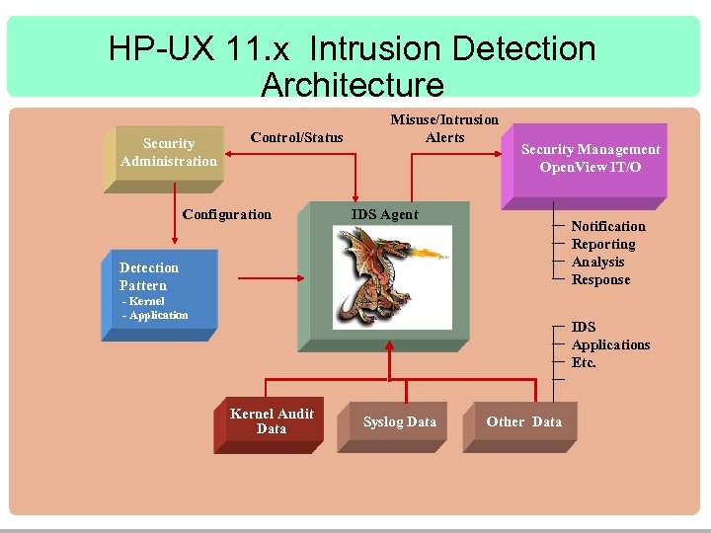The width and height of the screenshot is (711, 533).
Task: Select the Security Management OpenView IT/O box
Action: pos(590,158)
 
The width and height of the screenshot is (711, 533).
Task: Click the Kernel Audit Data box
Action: pos(271,421)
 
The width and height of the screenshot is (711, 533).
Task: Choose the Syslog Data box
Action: pos(399,421)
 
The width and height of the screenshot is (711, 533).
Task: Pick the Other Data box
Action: pos(523,421)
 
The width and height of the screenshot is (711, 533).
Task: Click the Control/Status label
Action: pos(296,137)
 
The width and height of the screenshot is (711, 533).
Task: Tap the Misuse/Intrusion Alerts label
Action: pos(444,128)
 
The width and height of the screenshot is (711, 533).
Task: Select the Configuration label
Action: pos(227,214)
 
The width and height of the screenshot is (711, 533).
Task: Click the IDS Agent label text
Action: pos(385,214)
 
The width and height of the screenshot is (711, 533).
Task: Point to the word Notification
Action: pos(608,226)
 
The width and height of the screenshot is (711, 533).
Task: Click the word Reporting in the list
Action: pos(603,244)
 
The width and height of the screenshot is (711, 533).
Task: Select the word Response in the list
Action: pos(600,279)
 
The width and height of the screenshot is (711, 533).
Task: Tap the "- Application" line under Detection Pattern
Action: pos(155,315)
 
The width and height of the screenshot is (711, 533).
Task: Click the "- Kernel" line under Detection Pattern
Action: pos(143,301)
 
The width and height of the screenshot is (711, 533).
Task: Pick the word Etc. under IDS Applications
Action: pos(584,362)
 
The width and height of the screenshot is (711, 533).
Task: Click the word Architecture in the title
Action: pos(353,84)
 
